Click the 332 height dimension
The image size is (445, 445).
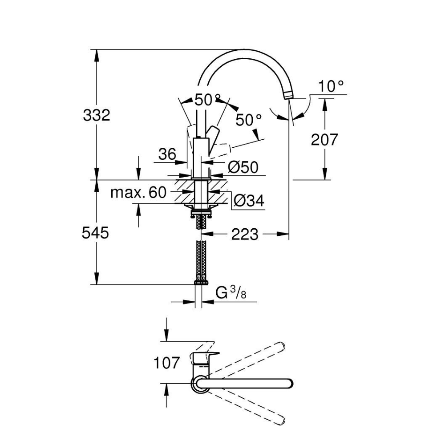(x=96, y=115)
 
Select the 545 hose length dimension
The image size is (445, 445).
(x=95, y=232)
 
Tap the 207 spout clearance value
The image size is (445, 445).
(x=324, y=139)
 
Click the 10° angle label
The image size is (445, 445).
(x=332, y=86)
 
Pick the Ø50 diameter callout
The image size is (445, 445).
(x=243, y=167)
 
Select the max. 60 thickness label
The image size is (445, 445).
(x=138, y=193)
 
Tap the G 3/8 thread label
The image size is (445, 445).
(x=231, y=293)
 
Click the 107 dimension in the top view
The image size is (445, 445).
(x=167, y=363)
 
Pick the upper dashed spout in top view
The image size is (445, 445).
(x=249, y=359)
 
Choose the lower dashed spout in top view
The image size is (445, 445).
(x=249, y=407)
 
